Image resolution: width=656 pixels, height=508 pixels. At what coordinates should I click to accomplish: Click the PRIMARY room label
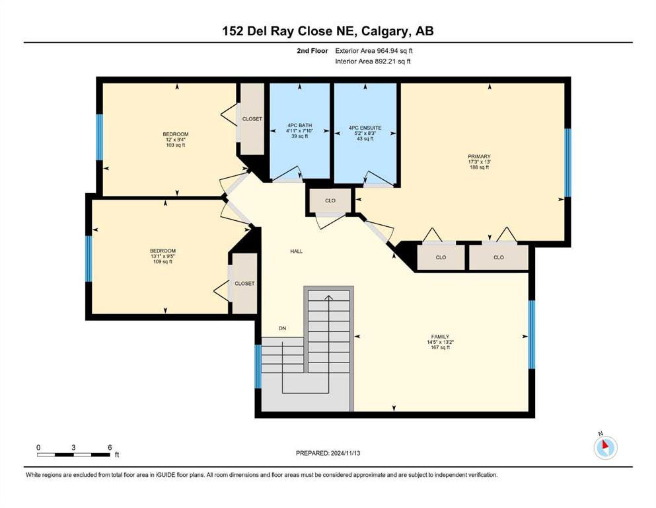coord(479,157)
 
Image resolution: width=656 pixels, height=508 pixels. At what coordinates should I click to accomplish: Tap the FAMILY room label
coord(440,337)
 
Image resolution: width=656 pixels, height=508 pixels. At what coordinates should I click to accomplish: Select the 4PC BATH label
coord(299,125)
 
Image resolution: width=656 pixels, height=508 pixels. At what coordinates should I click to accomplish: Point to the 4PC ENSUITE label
coord(365,128)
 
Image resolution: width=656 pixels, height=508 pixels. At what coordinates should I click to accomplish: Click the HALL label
coord(297,251)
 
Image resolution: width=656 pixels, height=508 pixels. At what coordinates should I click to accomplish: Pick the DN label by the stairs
coord(282,328)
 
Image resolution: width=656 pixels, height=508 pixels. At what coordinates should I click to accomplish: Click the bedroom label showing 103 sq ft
coord(176,134)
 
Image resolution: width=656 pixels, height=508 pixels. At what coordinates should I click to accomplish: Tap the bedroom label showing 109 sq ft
coord(163,251)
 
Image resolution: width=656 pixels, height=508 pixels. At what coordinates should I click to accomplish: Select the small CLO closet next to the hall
coord(330,200)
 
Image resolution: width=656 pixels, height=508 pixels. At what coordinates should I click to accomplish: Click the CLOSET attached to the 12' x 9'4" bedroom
coord(252,119)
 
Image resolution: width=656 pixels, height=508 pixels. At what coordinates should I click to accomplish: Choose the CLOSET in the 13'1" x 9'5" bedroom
coord(244,284)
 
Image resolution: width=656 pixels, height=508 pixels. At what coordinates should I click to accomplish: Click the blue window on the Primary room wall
coord(567,163)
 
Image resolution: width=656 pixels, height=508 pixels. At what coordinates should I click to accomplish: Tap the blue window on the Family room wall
coord(532,334)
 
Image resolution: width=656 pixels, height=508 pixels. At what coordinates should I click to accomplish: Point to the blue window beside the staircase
coord(258,366)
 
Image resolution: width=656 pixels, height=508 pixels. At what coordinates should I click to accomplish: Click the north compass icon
coord(605,448)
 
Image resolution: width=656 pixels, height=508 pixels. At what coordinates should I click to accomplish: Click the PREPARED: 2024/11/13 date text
coord(328,453)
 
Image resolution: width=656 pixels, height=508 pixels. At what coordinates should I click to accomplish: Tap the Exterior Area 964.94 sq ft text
coord(374,51)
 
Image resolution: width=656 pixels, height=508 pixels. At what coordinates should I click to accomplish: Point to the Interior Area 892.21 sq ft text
coord(373,62)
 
